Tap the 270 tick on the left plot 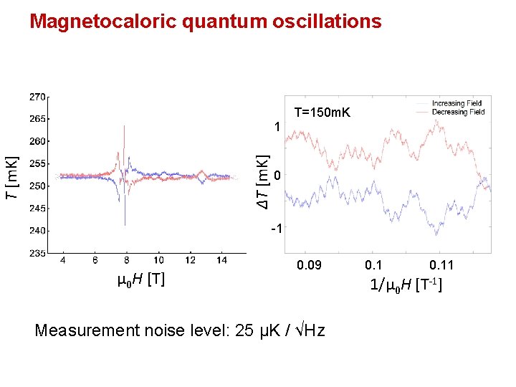tap(38, 96)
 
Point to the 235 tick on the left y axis tap(38, 253)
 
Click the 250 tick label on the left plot tap(38, 186)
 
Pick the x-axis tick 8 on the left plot tap(127, 260)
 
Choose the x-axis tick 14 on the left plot tap(222, 260)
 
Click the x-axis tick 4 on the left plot tap(63, 260)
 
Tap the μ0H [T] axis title tap(141, 279)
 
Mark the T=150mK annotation tap(322, 113)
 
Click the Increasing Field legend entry tap(458, 104)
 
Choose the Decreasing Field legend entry tap(458, 112)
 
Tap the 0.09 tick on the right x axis tap(310, 266)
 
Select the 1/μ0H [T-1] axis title tap(406, 285)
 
